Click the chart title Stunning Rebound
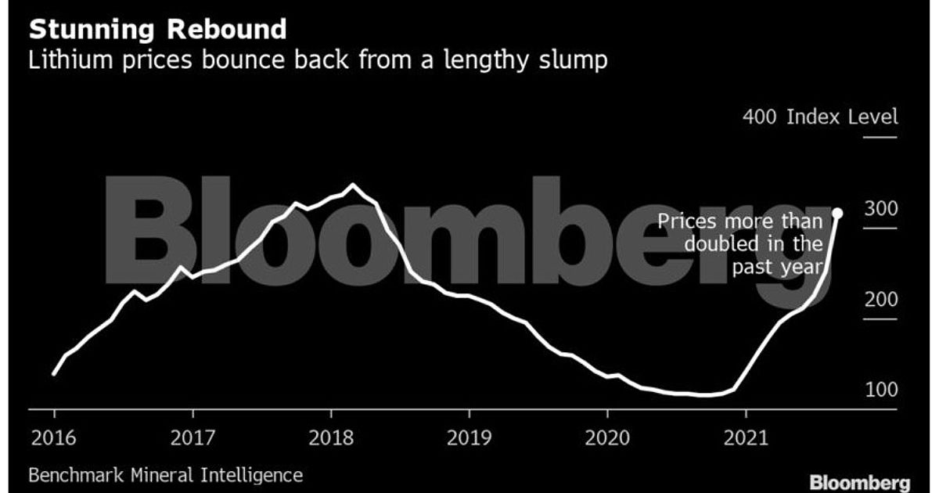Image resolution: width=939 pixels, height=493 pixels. [157, 30]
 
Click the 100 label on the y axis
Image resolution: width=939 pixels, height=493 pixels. [881, 390]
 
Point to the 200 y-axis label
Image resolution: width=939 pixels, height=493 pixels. [881, 300]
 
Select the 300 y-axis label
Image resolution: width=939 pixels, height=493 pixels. [881, 209]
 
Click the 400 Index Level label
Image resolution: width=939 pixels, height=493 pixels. [820, 117]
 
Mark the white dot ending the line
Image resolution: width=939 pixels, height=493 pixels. [837, 213]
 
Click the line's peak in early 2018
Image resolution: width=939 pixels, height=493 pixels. [352, 185]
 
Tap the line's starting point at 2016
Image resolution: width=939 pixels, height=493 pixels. [53, 374]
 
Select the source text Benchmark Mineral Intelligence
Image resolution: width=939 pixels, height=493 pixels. [165, 474]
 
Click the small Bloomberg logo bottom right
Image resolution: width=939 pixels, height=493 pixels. [860, 481]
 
